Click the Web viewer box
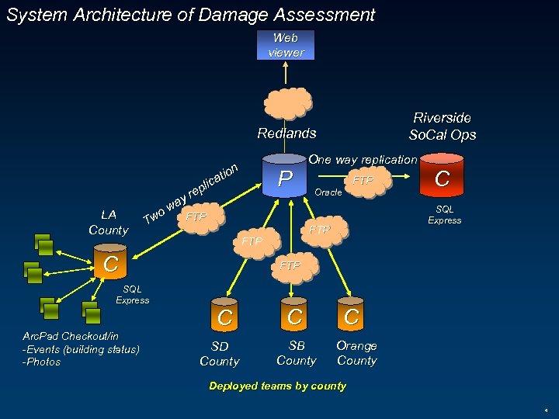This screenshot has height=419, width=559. pos(286,45)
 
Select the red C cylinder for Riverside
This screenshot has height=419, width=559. pos(442,178)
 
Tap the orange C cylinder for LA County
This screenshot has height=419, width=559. pos(111,264)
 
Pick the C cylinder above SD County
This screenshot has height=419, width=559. pos(224,317)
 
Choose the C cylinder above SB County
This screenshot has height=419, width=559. pos(294,316)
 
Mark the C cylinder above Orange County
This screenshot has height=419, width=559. pos(352,316)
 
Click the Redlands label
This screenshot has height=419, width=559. pos(286,133)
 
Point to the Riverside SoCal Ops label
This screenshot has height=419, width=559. pos(442,126)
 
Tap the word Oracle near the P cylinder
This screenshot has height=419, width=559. pos(328,192)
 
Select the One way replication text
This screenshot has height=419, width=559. pos(363,160)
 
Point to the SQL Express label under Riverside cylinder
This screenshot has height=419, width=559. pos(444,215)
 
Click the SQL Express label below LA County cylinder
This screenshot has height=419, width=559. pos(132,295)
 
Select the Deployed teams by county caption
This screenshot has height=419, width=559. pos(277,386)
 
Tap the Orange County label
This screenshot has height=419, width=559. pos(356,353)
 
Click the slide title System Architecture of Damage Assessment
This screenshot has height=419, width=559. pos(191,15)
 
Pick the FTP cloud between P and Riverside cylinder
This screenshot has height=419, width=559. pos(363,180)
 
